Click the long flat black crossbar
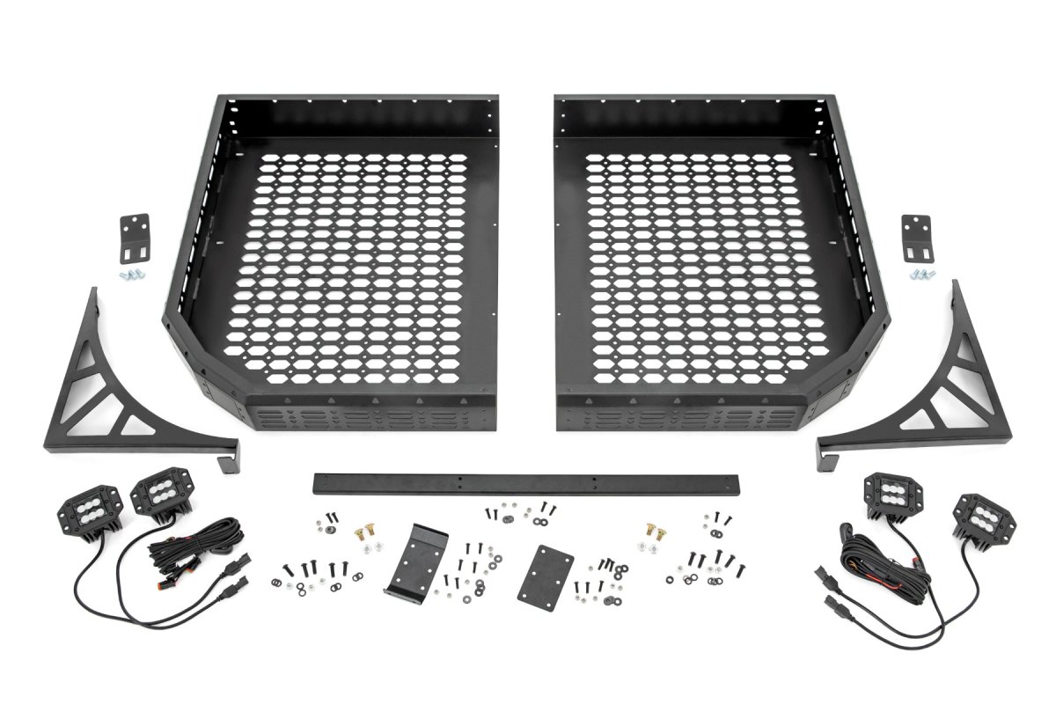click(x=528, y=483)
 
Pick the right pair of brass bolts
click(x=654, y=527)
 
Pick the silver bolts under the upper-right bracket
click(x=920, y=275)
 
